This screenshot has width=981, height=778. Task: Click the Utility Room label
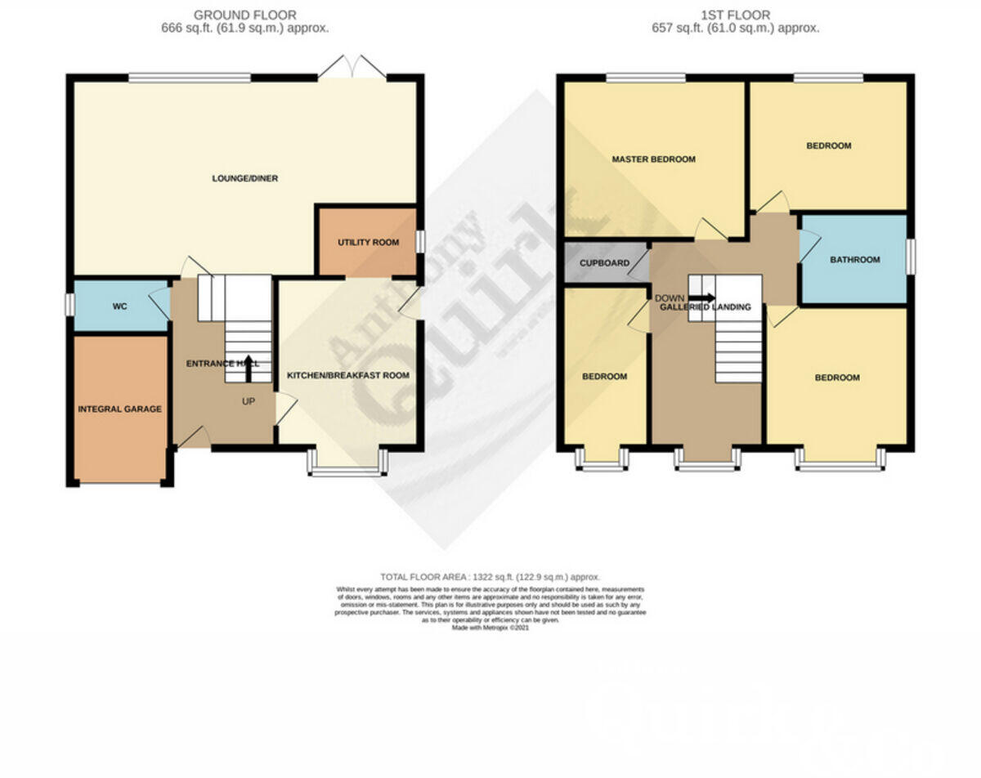[x=368, y=243]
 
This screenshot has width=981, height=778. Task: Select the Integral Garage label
[x=119, y=409]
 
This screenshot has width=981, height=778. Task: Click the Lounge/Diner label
[x=245, y=178]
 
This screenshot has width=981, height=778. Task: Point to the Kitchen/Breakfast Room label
[x=347, y=375]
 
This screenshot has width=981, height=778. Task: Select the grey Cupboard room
[x=605, y=263]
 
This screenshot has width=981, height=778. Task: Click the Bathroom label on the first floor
[x=854, y=260]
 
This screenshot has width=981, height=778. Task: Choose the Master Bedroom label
[x=654, y=159]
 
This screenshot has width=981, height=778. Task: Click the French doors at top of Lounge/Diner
[x=352, y=69]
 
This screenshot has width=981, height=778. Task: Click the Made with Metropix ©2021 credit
[x=490, y=628]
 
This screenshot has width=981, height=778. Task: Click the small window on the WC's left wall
[x=69, y=304]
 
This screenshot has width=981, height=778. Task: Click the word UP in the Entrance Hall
[x=248, y=401]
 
